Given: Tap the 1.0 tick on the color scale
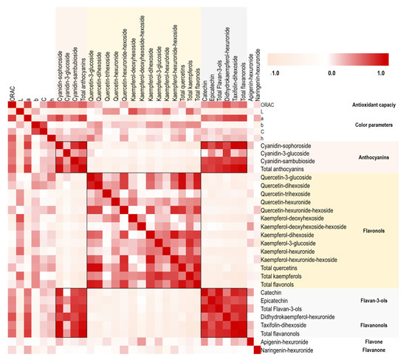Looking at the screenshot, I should (x=382, y=74).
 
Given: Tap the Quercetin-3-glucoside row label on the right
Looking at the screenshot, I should (x=289, y=178).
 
